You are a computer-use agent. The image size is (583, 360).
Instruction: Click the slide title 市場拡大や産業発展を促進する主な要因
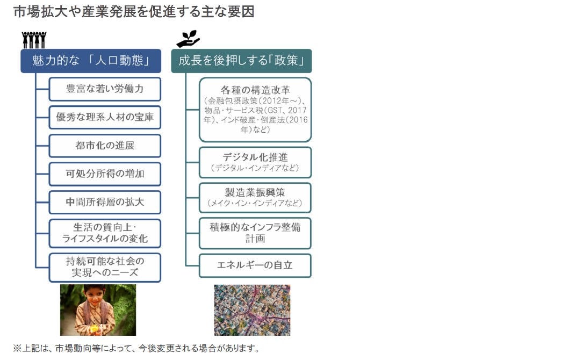tap(134, 12)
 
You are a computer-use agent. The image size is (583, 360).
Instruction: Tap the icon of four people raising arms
tap(34, 40)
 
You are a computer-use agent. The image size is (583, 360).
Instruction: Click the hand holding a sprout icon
tap(188, 39)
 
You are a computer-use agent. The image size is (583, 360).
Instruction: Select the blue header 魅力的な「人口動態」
tap(91, 61)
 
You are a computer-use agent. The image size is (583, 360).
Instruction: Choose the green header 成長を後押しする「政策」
tap(241, 61)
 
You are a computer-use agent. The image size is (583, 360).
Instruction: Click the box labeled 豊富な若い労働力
tap(105, 89)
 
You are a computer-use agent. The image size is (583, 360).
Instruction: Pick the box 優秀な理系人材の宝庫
tap(105, 117)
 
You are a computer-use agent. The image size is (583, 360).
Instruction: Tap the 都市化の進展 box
tap(105, 146)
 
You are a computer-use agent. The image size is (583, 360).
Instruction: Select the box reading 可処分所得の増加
tap(105, 174)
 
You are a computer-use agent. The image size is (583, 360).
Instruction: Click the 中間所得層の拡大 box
tap(105, 202)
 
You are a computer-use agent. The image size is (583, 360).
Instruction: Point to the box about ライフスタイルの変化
tap(105, 233)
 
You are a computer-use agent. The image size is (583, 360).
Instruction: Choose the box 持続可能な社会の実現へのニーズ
tap(105, 268)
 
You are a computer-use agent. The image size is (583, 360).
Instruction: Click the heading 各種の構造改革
tap(255, 90)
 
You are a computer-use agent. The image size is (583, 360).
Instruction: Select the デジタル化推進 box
tap(255, 162)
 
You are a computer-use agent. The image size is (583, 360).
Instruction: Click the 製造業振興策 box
tap(255, 198)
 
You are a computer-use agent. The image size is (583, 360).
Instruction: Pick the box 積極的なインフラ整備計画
tap(255, 233)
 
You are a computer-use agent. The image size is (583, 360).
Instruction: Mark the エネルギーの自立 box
tap(255, 265)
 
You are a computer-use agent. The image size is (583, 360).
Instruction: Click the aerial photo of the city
tap(252, 310)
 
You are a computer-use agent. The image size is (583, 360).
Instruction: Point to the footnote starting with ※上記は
tap(136, 349)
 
